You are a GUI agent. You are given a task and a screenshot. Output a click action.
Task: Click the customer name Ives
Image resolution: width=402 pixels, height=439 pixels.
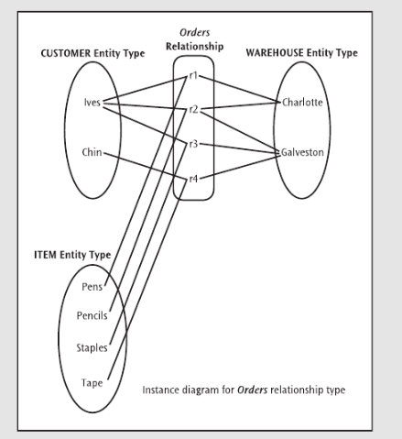coord(92,103)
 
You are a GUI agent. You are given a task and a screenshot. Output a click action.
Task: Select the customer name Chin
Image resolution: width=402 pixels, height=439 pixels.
coord(92,152)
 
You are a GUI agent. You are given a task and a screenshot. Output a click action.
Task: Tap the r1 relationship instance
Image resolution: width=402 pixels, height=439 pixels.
coord(193,75)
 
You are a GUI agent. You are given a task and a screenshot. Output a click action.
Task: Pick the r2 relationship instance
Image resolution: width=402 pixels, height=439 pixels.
coord(193,109)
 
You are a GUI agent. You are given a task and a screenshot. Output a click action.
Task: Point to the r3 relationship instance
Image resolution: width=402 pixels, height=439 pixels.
coord(193,144)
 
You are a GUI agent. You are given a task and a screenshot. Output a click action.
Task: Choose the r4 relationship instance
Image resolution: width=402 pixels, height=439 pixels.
coord(193,179)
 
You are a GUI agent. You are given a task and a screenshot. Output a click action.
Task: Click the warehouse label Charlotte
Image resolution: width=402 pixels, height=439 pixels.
coord(302,102)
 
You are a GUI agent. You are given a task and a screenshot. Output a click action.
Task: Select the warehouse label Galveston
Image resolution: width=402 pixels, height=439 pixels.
coord(302,152)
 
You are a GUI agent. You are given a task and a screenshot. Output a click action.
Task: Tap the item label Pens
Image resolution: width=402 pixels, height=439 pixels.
coord(92,287)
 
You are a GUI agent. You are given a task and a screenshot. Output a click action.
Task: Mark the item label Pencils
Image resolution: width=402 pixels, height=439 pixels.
coord(92,315)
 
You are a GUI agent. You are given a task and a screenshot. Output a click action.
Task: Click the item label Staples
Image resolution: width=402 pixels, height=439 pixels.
coord(92,347)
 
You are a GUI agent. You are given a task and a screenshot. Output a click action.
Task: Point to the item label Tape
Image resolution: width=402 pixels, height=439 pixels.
coord(92,382)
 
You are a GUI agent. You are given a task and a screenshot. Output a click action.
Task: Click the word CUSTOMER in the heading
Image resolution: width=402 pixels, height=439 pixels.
coord(66,53)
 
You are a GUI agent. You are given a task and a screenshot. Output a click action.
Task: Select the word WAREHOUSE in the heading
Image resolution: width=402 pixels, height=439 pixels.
coord(275,52)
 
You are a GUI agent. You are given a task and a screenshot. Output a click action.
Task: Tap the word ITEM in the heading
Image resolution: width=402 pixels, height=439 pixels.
coord(45,255)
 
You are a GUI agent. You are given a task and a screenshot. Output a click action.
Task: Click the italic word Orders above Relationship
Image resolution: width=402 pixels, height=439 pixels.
coord(194,32)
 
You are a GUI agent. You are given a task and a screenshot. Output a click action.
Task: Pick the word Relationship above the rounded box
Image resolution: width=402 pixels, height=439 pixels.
coord(194,47)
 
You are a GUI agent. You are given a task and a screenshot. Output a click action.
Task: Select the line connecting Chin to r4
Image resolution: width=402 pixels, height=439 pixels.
coord(146,165)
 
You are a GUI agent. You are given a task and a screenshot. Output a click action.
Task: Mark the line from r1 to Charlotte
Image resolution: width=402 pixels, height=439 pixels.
coord(240,89)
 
